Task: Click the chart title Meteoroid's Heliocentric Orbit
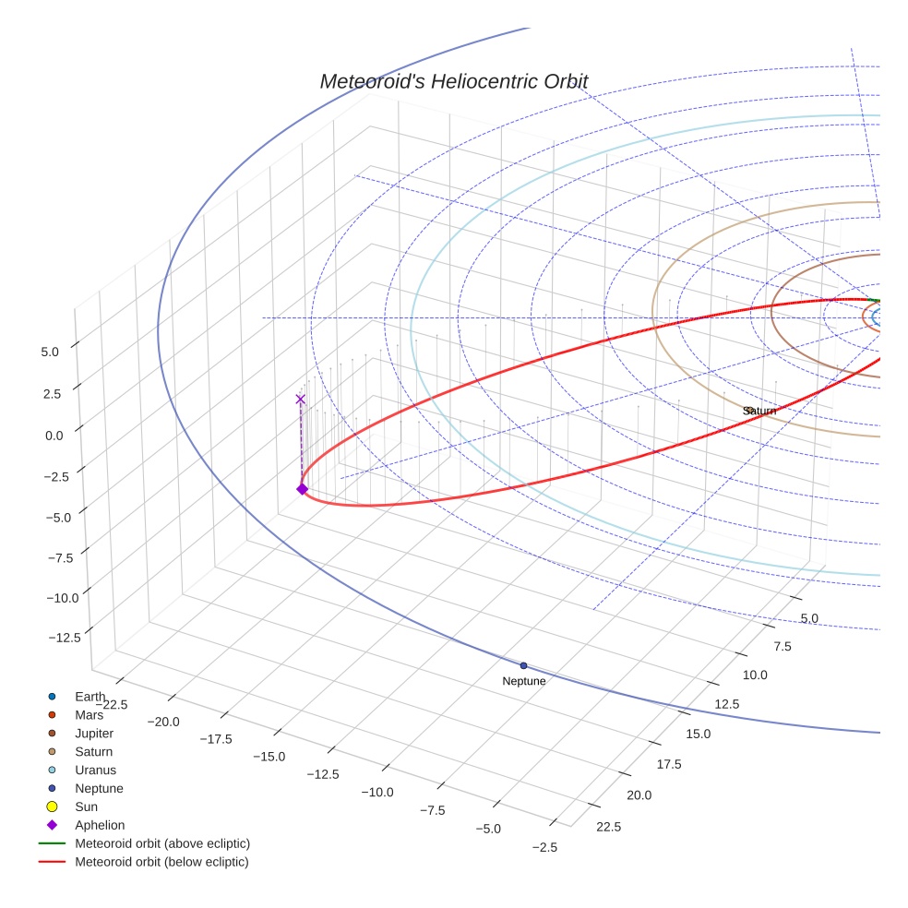(453, 81)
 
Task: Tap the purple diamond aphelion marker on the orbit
(302, 489)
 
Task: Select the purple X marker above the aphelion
(300, 399)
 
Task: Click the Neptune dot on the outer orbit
(523, 665)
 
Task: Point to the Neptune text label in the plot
(523, 681)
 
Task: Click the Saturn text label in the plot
(759, 411)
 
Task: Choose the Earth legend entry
(90, 696)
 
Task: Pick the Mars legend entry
(89, 714)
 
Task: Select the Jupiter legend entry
(93, 733)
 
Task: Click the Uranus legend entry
(95, 770)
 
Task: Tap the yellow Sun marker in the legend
(53, 806)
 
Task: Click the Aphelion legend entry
(99, 825)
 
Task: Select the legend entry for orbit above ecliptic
(161, 843)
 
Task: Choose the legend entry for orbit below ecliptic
(161, 862)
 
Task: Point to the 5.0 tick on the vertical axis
(50, 352)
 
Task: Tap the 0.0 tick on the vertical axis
(54, 435)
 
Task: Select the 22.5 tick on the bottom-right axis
(608, 827)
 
